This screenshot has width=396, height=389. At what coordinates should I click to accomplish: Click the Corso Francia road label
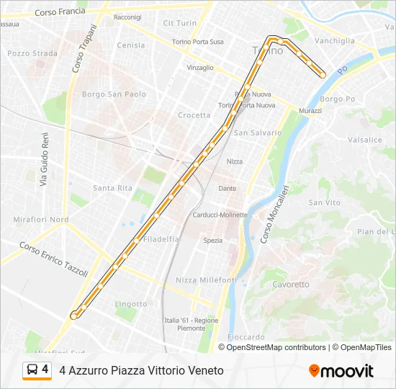[x=60, y=12]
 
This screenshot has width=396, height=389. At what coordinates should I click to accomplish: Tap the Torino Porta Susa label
[x=197, y=42]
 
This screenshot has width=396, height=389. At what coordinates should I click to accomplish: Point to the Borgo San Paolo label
[x=114, y=94]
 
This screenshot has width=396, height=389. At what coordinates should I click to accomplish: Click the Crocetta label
[x=194, y=115]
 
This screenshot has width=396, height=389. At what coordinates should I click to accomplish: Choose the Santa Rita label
[x=112, y=188]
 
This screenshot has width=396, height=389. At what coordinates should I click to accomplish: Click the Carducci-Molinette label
[x=220, y=215]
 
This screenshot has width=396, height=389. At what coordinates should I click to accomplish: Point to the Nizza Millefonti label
[x=206, y=280]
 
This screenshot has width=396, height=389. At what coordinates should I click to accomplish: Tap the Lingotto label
[x=130, y=304]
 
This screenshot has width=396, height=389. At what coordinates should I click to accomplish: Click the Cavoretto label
[x=291, y=285]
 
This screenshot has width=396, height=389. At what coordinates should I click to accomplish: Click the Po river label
[x=343, y=70]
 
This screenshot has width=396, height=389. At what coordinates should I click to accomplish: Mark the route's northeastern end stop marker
[x=323, y=74]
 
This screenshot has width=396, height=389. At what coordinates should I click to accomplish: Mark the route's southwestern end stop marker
[x=73, y=315]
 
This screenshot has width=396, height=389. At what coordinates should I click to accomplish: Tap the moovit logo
[x=341, y=371]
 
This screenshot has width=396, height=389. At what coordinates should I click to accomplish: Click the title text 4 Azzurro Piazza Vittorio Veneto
[x=142, y=370]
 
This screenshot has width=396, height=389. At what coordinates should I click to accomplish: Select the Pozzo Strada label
[x=32, y=53]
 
